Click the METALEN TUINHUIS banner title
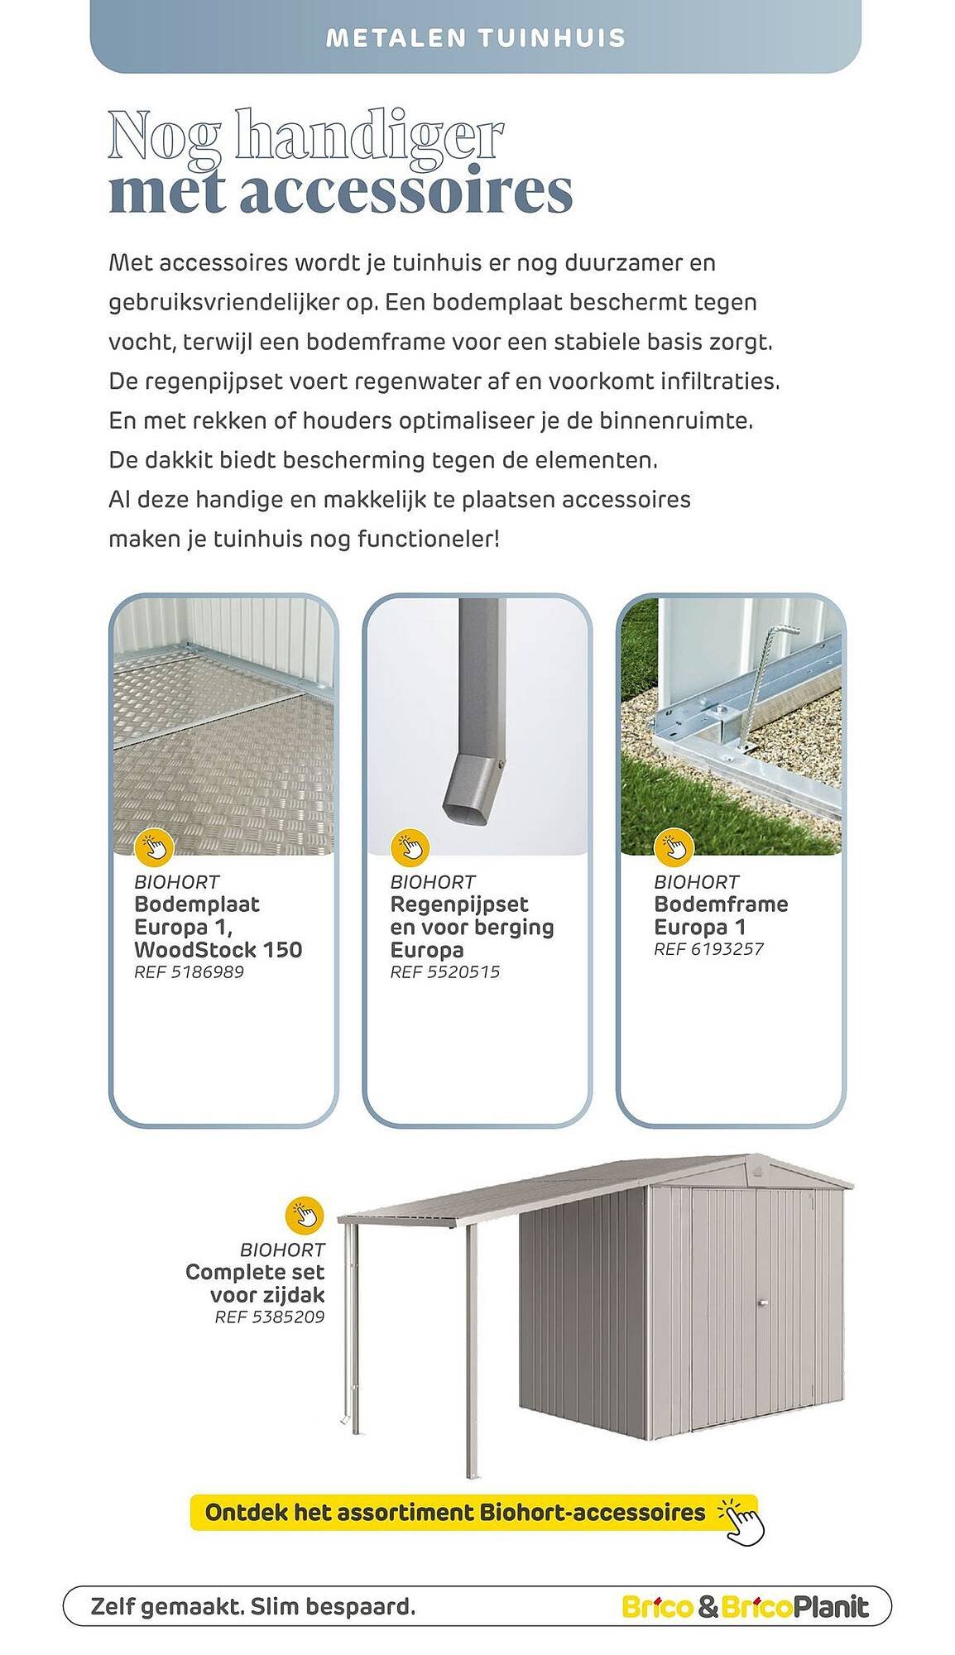[476, 38]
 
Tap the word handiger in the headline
[369, 137]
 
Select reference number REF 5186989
[189, 972]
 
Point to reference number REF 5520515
[444, 972]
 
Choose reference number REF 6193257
[708, 949]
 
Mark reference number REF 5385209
[270, 1317]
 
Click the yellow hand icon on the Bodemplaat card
[154, 847]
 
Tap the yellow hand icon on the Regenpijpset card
[410, 847]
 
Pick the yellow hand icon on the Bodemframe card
[673, 847]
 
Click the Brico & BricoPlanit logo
[745, 1607]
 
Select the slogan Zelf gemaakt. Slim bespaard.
[253, 1607]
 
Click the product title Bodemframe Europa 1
[720, 915]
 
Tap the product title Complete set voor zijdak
[255, 1283]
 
